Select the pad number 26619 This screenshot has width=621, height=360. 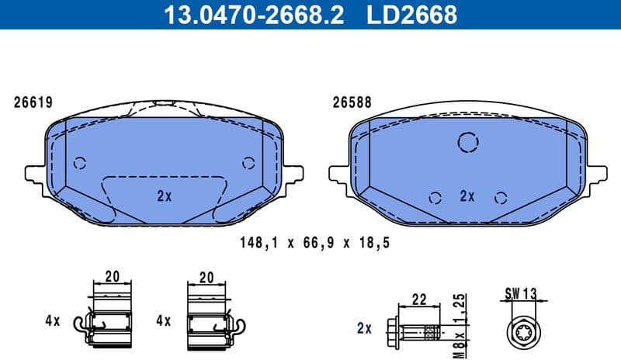32,102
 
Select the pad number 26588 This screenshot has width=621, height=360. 350,102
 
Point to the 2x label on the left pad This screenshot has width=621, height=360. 164,196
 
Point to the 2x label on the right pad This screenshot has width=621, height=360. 467,196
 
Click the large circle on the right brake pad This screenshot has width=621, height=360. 467,142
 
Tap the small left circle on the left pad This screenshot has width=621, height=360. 79,163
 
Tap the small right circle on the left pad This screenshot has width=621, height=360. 248,163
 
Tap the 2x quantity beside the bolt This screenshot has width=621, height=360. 365,329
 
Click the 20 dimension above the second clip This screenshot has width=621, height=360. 206,277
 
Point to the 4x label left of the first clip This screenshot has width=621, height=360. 52,320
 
